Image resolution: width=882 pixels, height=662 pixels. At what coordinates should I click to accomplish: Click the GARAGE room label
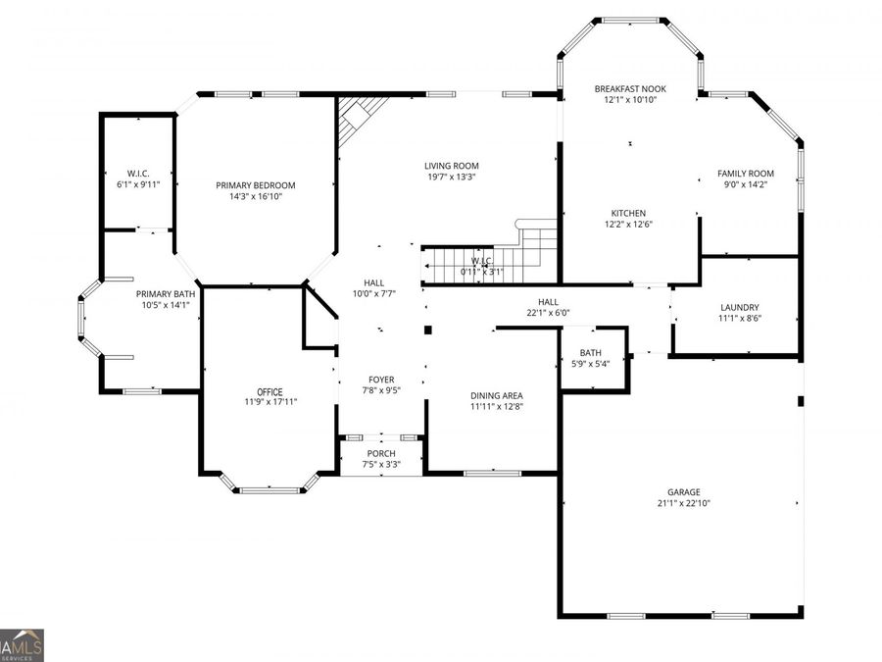(683, 492)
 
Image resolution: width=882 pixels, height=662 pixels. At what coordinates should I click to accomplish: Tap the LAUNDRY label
(740, 307)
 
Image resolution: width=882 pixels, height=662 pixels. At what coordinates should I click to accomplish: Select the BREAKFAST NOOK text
(630, 88)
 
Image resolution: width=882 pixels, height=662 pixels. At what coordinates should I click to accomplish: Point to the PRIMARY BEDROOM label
(256, 185)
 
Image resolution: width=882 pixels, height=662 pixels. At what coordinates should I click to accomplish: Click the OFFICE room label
(270, 391)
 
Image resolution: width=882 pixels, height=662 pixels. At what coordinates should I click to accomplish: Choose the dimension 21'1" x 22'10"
(683, 503)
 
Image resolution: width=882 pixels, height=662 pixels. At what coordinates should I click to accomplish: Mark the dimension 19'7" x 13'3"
(452, 177)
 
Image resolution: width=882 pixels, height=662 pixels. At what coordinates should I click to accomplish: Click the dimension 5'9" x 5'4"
(591, 364)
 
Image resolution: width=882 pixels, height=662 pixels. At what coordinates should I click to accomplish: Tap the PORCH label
(381, 453)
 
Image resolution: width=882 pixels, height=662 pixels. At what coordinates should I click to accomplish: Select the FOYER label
(381, 380)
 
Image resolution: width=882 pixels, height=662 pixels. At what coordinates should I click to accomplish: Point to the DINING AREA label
(497, 396)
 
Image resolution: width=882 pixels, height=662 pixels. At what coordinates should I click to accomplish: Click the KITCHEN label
(628, 213)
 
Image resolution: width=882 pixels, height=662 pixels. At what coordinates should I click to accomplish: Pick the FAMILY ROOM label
(746, 174)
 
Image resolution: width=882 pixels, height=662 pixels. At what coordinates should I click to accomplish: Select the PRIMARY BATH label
(166, 294)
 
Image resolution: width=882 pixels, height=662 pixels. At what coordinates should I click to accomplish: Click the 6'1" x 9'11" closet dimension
(138, 184)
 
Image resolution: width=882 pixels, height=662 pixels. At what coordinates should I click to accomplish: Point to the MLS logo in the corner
(22, 645)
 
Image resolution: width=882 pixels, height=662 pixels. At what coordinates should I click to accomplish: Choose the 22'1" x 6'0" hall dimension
(548, 313)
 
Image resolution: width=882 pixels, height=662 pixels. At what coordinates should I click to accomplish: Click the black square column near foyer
(427, 330)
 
